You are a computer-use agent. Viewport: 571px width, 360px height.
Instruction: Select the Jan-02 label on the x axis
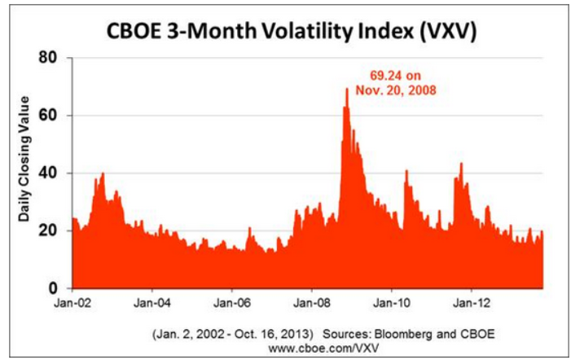point(72,305)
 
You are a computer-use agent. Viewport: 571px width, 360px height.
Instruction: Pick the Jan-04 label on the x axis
point(152,305)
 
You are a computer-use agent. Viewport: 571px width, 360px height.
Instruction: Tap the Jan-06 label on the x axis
point(231,305)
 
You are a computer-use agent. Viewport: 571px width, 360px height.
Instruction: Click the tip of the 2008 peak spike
point(347,88)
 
